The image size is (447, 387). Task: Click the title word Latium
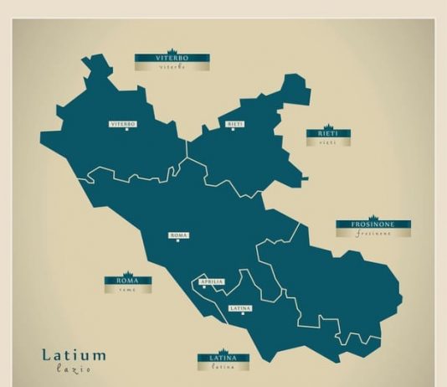click(74, 355)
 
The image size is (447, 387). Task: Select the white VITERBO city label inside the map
click(123, 124)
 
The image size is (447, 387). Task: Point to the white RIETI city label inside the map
click(234, 124)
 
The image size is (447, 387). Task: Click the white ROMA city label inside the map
click(178, 235)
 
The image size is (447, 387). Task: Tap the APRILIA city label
click(212, 281)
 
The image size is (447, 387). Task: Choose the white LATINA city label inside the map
click(239, 308)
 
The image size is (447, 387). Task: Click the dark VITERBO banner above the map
click(172, 58)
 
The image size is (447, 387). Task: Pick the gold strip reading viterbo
click(172, 66)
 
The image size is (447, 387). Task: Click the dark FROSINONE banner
click(373, 224)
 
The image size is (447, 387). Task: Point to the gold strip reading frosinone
click(373, 234)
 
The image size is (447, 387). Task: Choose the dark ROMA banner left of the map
click(127, 281)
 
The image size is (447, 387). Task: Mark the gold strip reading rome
click(127, 289)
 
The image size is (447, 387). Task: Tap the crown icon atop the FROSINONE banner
click(373, 217)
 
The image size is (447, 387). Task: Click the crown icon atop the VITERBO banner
click(172, 50)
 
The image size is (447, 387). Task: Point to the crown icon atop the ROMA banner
click(127, 273)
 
